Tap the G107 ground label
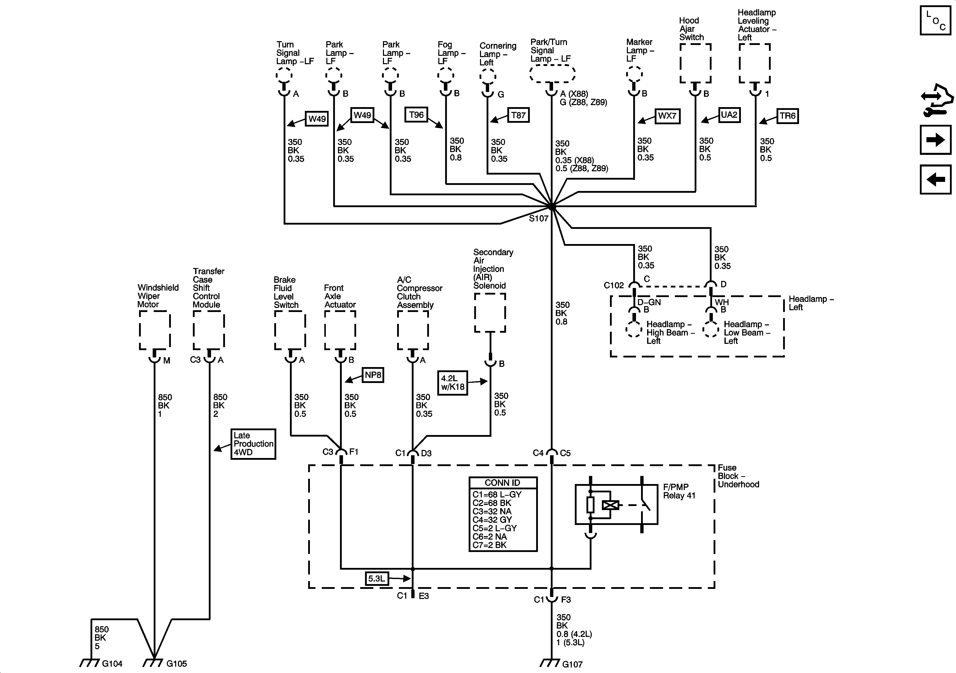(572, 664)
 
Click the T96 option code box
(416, 115)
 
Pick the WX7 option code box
(667, 116)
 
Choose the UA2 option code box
(729, 115)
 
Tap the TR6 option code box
(787, 116)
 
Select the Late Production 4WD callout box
(253, 444)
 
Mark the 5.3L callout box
(376, 579)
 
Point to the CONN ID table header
(503, 483)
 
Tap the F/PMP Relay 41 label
(679, 491)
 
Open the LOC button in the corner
(935, 20)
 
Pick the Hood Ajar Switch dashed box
(695, 63)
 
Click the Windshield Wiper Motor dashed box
(154, 330)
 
